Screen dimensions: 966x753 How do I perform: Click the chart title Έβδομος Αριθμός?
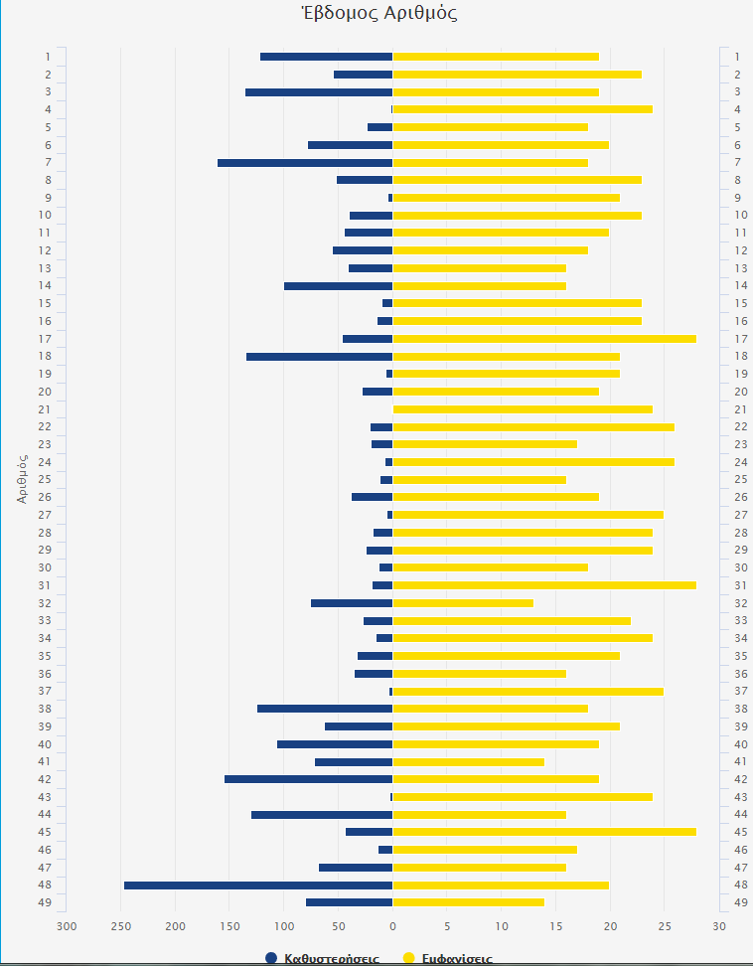tap(377, 13)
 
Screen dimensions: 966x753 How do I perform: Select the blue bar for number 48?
tap(258, 885)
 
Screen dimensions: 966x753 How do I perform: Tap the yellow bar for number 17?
tap(544, 339)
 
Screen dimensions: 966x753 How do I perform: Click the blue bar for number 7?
tap(305, 162)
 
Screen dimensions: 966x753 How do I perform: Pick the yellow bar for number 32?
tap(463, 603)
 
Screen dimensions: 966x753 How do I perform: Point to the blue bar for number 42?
tap(308, 779)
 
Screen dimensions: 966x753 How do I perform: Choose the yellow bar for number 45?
tap(544, 832)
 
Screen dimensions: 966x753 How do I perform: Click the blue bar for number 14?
tap(338, 286)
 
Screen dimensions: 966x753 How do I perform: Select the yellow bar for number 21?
tap(523, 409)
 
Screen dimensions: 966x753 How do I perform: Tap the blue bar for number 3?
tap(319, 91)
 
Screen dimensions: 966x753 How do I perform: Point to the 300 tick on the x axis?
tap(67, 926)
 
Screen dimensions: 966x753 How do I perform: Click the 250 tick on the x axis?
tap(121, 926)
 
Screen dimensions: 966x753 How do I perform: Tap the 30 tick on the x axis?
tap(719, 926)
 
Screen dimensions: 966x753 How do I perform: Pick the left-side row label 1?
tap(47, 57)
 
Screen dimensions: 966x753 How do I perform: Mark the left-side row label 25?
tap(46, 480)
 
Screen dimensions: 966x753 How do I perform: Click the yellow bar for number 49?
tap(468, 902)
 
